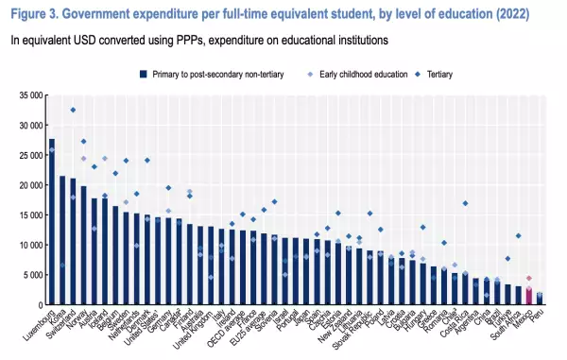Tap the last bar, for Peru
pos(540,299)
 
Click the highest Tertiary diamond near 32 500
pos(73,110)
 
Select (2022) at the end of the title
pos(532,15)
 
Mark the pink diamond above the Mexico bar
pos(529,279)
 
